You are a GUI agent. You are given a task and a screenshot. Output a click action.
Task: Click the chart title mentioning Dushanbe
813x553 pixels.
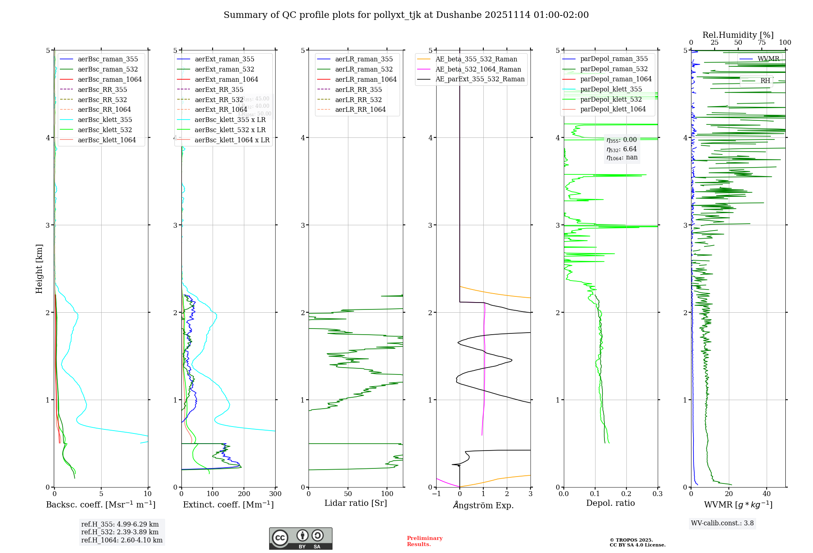pos(406,15)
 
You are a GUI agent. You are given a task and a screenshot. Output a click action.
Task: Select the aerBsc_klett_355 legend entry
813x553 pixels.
pos(105,120)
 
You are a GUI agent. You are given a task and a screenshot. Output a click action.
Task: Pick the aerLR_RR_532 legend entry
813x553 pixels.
pos(358,100)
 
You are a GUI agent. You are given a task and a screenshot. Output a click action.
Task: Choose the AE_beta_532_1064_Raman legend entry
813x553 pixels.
pos(478,70)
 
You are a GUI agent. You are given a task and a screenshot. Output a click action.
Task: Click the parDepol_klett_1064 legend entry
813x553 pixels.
pos(613,109)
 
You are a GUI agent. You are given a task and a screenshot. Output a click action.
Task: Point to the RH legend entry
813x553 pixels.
pos(765,81)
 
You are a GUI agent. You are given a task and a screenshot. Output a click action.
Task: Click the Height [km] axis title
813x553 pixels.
pos(39,269)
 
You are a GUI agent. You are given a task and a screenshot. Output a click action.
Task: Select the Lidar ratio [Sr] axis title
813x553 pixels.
pos(356,503)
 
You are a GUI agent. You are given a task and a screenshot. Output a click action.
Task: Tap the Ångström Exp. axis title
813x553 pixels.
pos(483,505)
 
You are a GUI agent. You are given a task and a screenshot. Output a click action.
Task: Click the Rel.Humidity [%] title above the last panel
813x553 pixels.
pos(738,35)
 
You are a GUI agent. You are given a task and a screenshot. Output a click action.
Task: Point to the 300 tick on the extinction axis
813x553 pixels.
pos(275,494)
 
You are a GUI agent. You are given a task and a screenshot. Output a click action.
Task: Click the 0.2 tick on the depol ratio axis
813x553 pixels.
pos(626,494)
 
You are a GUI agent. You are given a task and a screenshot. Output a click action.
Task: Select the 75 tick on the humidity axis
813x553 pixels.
pos(762,43)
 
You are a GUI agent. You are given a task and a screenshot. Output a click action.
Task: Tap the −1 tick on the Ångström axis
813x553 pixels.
pos(436,494)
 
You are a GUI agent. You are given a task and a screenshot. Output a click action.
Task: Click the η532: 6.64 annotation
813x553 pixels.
pos(622,149)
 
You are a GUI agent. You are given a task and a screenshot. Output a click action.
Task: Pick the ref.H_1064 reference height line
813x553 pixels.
pos(122,540)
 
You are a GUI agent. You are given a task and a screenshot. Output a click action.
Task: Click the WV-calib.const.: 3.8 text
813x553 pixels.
pos(722,523)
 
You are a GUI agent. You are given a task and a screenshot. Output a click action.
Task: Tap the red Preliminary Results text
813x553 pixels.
pos(424,541)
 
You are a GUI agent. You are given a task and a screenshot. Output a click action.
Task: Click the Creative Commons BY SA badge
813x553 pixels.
pos(300,539)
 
